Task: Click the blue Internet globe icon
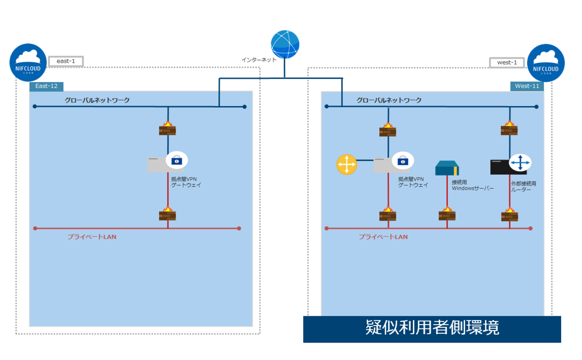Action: tap(285, 44)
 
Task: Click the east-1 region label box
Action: tap(66, 62)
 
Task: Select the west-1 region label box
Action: tap(507, 63)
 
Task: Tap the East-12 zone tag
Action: tap(47, 86)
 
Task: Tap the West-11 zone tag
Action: tap(527, 86)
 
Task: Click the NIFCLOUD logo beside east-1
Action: tap(28, 62)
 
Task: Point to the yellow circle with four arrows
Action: tap(347, 164)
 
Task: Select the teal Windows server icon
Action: tap(447, 168)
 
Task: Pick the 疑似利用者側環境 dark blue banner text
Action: tap(432, 328)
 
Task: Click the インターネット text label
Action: tap(259, 60)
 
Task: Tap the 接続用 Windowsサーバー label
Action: tap(472, 185)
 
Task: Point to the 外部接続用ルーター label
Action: tap(523, 187)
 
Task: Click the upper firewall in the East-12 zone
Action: tap(167, 129)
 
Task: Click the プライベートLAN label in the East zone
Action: tap(92, 237)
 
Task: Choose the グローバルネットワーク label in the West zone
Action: tap(389, 100)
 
